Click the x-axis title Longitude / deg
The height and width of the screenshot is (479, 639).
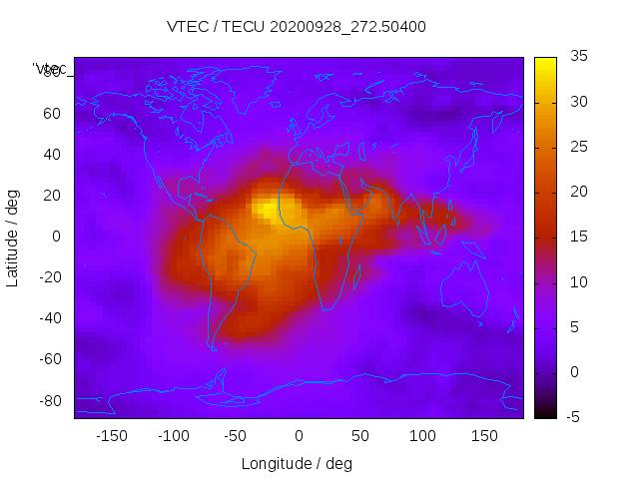tap(297, 463)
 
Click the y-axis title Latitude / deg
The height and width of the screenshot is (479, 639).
tap(13, 237)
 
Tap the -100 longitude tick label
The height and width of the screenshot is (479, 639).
tap(173, 436)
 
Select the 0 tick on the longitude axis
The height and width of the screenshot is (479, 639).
tap(298, 436)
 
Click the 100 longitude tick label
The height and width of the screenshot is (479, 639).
tap(422, 436)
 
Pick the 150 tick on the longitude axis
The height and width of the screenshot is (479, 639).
tap(484, 436)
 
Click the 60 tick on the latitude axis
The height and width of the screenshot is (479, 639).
tap(52, 114)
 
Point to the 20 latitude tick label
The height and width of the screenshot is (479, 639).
tap(52, 196)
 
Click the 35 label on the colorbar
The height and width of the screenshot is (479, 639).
tap(578, 57)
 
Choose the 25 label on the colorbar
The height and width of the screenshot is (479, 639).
tap(578, 147)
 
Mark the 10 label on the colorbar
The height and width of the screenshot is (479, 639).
tap(578, 282)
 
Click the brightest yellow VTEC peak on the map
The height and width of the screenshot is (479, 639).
tap(268, 209)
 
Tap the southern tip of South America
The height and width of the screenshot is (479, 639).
tap(213, 346)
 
